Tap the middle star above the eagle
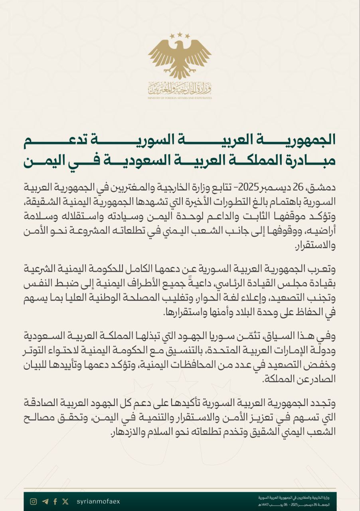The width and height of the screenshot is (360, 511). tap(180, 35)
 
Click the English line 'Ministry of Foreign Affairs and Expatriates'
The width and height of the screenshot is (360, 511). tap(180, 98)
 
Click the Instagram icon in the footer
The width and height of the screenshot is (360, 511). tap(34, 501)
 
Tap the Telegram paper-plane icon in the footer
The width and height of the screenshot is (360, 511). tap(45, 501)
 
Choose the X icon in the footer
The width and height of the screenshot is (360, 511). tap(65, 501)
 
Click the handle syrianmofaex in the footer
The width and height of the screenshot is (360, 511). tap(98, 501)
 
